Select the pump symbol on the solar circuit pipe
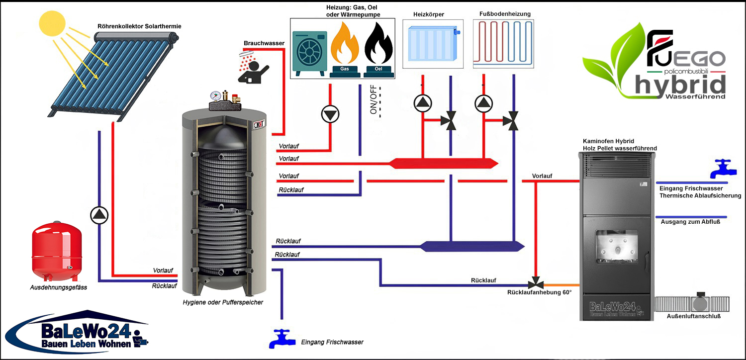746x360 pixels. tap(99, 215)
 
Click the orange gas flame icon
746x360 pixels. tap(344, 46)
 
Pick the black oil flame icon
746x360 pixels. tap(378, 46)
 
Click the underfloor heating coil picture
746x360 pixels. tap(503, 43)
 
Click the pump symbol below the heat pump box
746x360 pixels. tap(329, 114)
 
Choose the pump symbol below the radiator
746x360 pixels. tap(422, 102)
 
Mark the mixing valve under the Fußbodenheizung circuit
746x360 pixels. tap(512, 121)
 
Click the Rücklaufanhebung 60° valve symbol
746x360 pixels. tap(536, 284)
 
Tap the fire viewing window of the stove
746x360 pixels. tap(617, 248)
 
